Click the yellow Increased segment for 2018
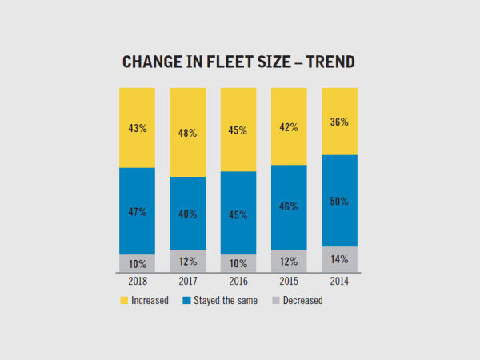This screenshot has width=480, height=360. tap(137, 127)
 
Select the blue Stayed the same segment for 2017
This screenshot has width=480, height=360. tap(187, 213)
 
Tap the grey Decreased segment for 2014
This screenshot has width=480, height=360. tap(339, 259)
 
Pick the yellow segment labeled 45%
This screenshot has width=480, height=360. tap(238, 130)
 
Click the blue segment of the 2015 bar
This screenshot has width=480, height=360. tap(289, 206)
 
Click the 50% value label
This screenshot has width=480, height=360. tap(339, 201)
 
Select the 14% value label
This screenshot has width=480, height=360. tap(339, 260)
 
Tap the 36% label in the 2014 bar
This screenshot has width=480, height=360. tap(339, 122)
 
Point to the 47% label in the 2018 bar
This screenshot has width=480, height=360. tap(137, 212)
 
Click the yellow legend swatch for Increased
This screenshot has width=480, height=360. tap(124, 302)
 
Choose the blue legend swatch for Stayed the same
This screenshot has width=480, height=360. tap(186, 302)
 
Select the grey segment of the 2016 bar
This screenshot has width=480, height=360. tap(238, 263)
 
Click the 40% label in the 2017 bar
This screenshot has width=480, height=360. tap(188, 214)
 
